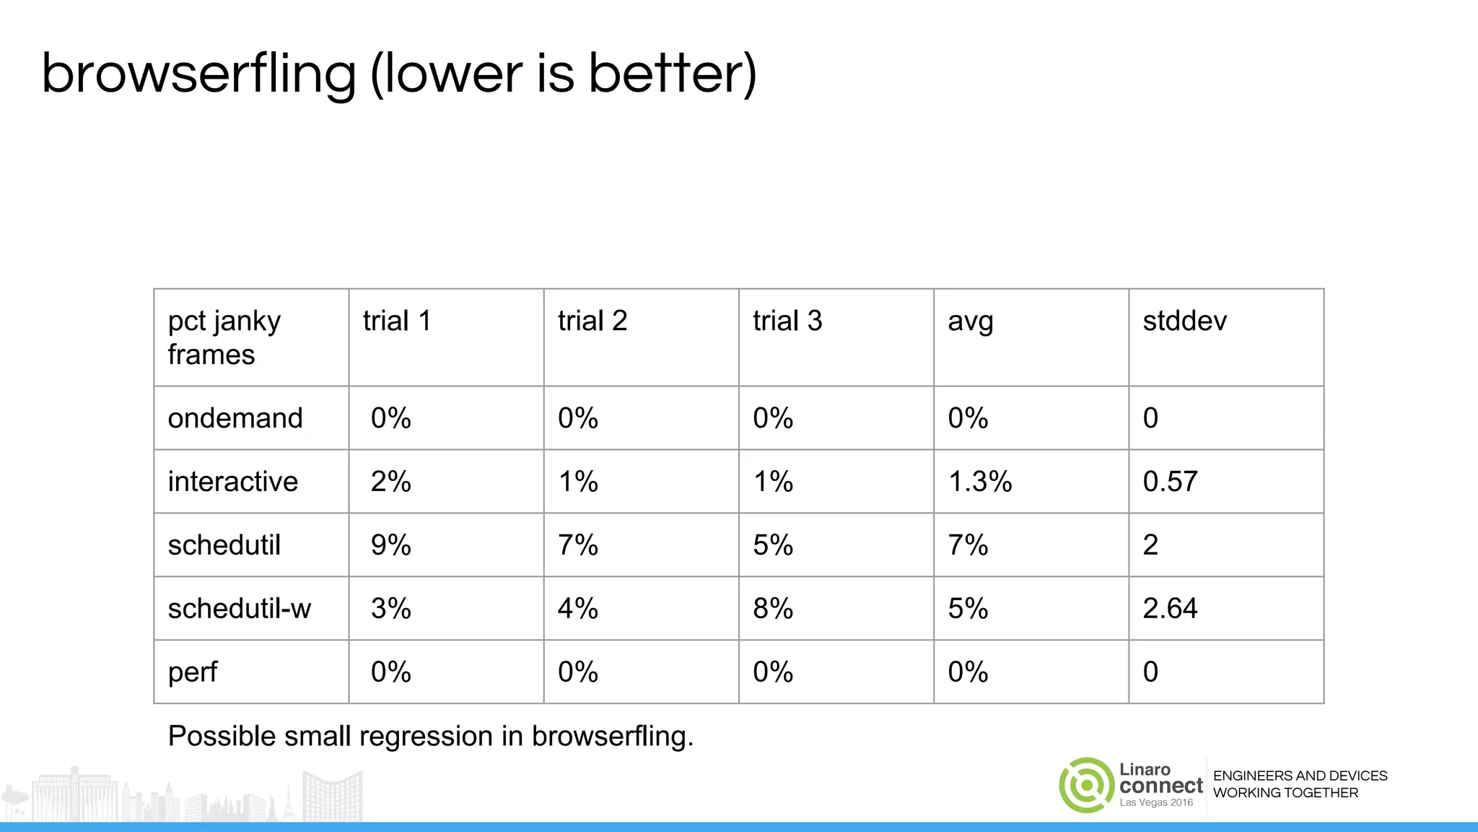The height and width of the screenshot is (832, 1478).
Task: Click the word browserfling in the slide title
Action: pyautogui.click(x=199, y=74)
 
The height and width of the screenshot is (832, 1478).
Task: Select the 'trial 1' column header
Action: pyautogui.click(x=397, y=321)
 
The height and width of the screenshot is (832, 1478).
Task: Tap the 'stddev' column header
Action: pyautogui.click(x=1184, y=321)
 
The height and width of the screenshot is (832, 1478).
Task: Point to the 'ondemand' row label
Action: pyautogui.click(x=235, y=418)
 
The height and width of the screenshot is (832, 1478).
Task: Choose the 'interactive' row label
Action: pyautogui.click(x=232, y=482)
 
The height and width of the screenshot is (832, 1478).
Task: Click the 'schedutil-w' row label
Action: pyautogui.click(x=239, y=609)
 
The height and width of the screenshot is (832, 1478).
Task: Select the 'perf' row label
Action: pyautogui.click(x=192, y=672)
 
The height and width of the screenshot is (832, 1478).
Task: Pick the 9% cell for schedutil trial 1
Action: pyautogui.click(x=390, y=545)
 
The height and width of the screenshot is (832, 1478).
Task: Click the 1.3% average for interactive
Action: pyautogui.click(x=979, y=482)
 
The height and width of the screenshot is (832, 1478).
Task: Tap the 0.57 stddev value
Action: pyautogui.click(x=1170, y=482)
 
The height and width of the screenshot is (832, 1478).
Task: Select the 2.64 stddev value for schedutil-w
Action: pyautogui.click(x=1170, y=609)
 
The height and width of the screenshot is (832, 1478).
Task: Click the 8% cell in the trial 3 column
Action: pyautogui.click(x=773, y=609)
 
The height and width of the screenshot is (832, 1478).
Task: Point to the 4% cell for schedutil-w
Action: pyautogui.click(x=578, y=609)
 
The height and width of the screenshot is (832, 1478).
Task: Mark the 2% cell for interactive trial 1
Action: pyautogui.click(x=390, y=482)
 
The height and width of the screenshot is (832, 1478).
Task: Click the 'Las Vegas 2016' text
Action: pyautogui.click(x=1156, y=802)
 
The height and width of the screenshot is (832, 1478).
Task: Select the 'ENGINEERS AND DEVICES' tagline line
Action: pyautogui.click(x=1300, y=776)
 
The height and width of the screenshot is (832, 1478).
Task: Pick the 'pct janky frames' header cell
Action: pyautogui.click(x=224, y=337)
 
